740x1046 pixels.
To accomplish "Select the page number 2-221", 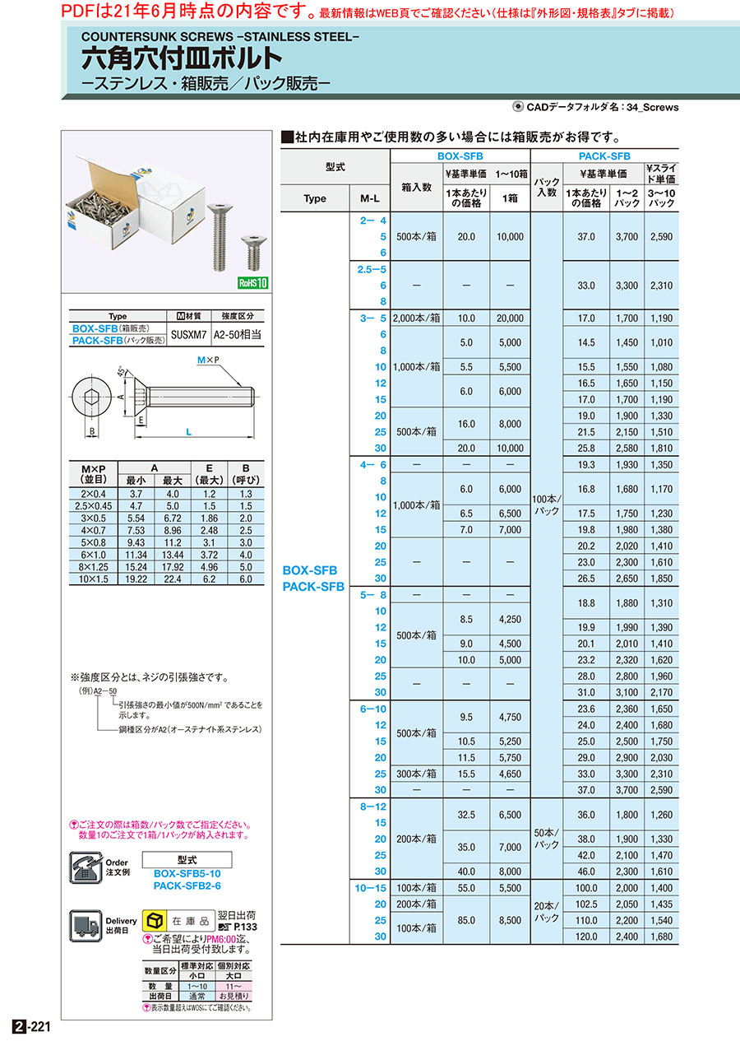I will tap(32, 1027).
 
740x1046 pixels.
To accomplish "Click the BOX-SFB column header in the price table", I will tap(460, 156).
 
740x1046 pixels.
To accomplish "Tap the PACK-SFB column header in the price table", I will tap(604, 156).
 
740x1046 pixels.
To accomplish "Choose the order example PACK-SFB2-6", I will tap(187, 886).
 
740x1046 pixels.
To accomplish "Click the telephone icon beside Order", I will tap(86, 867).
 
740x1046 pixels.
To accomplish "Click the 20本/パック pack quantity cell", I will tap(547, 912).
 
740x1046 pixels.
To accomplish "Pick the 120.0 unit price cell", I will tap(586, 936).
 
